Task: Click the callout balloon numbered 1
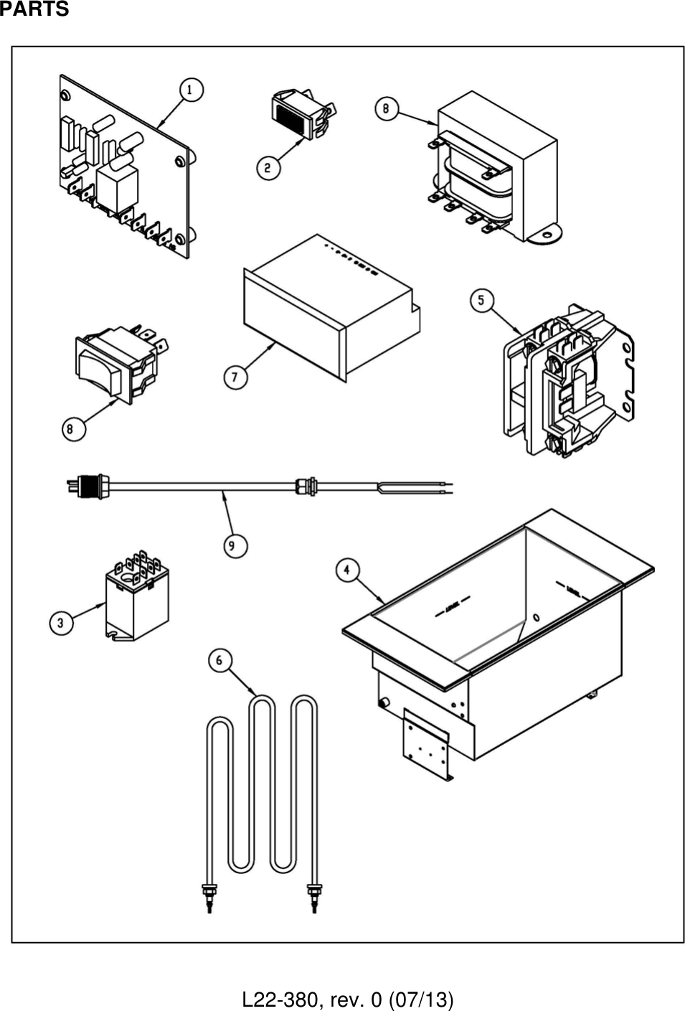pyautogui.click(x=190, y=90)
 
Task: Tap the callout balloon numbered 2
pyautogui.click(x=268, y=168)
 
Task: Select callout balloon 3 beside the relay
pyautogui.click(x=61, y=622)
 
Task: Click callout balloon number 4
pyautogui.click(x=348, y=570)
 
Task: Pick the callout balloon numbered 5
pyautogui.click(x=481, y=300)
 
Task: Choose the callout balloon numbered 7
pyautogui.click(x=235, y=377)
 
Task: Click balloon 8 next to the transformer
pyautogui.click(x=387, y=108)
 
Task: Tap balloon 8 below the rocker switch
pyautogui.click(x=73, y=429)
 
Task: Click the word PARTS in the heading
pyautogui.click(x=34, y=9)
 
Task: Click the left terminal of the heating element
pyautogui.click(x=209, y=897)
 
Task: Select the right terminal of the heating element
pyautogui.click(x=313, y=897)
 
